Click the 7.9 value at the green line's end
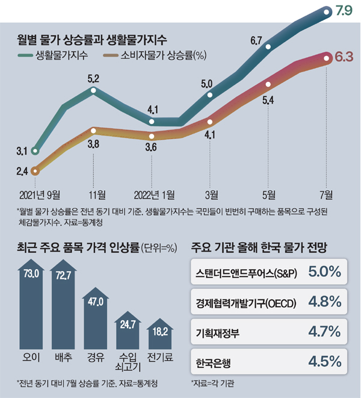(x=344, y=10)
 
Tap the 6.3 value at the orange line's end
(x=345, y=58)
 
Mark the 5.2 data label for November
(x=94, y=78)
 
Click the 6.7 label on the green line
(x=256, y=41)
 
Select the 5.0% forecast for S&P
(x=325, y=272)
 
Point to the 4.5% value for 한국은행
(x=325, y=362)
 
